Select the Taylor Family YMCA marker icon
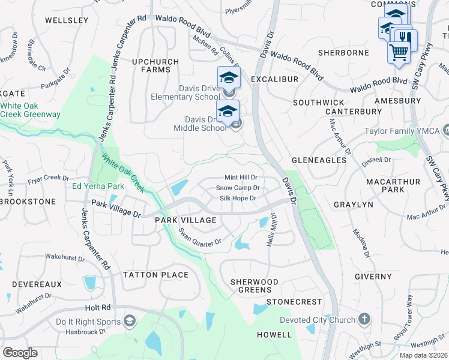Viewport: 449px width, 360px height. click(x=445, y=130)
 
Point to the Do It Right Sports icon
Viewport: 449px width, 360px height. click(x=128, y=322)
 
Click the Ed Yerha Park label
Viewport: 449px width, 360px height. click(x=98, y=186)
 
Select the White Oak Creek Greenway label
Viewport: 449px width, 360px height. click(x=30, y=110)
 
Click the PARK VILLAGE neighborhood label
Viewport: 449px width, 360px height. click(x=185, y=220)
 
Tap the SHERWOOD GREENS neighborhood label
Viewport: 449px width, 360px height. click(x=255, y=286)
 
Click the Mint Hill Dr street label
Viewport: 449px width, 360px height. click(x=241, y=178)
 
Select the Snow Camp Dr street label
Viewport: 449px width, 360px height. click(x=237, y=188)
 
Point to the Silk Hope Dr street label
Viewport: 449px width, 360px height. click(x=238, y=198)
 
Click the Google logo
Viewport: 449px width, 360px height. click(x=20, y=353)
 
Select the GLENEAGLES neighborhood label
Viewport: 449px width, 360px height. click(x=319, y=160)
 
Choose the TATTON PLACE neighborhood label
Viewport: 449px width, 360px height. click(x=155, y=275)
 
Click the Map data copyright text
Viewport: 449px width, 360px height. click(x=424, y=355)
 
